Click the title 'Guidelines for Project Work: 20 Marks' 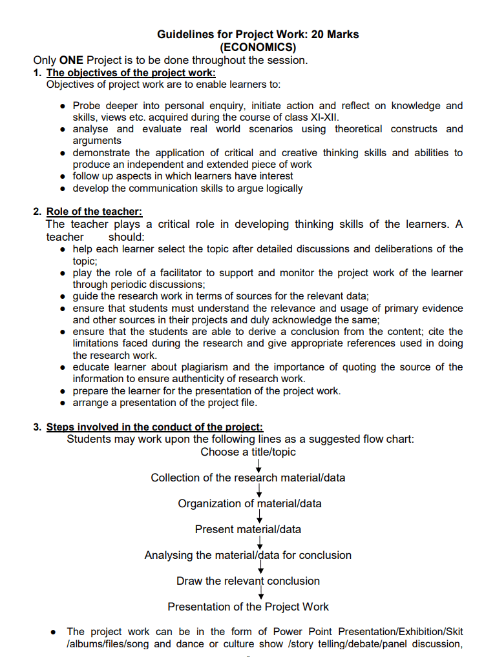[258, 34]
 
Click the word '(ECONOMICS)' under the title [258, 47]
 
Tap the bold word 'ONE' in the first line [72, 60]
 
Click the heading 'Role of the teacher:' [94, 212]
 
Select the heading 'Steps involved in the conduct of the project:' [154, 427]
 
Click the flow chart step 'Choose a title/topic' [248, 452]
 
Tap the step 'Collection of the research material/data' [248, 478]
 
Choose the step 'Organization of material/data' [249, 503]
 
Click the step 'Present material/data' [248, 529]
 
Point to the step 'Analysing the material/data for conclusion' [248, 555]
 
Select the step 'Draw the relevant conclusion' [248, 581]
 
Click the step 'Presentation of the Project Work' [248, 607]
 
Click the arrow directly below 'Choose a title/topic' [258, 465]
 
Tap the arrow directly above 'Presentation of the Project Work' [261, 593]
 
